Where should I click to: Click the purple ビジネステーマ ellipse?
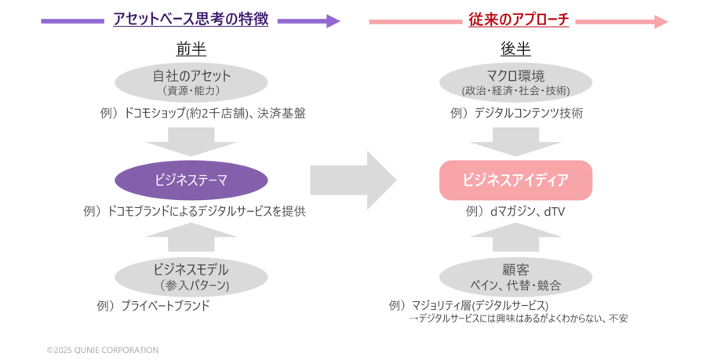point(191,180)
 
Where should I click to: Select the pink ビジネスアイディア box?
point(515,180)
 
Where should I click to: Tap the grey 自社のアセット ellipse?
point(191,82)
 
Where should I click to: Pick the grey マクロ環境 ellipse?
point(515,82)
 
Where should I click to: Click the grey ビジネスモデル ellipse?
point(191,276)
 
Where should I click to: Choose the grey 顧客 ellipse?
point(515,276)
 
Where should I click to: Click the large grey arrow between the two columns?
point(353,180)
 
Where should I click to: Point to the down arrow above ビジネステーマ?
point(191,142)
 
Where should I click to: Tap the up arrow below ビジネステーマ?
point(191,237)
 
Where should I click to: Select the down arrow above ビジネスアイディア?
point(515,142)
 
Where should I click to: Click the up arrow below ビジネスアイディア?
point(515,237)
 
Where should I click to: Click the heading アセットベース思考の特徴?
point(191,20)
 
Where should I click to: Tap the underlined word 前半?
point(191,49)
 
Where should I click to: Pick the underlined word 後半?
point(515,49)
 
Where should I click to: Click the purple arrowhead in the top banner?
point(333,21)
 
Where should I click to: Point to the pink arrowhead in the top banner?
point(661,21)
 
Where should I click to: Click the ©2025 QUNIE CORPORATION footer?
point(103,350)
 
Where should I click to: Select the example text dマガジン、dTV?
point(528,211)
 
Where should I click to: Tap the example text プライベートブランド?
point(166,306)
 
